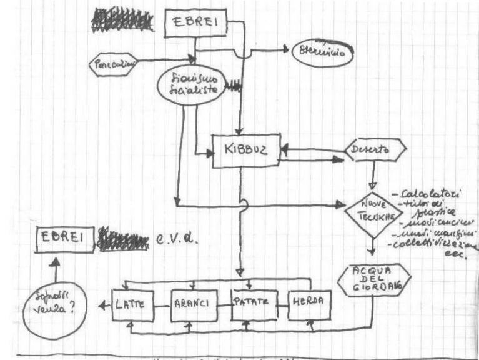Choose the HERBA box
pos(310,303)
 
